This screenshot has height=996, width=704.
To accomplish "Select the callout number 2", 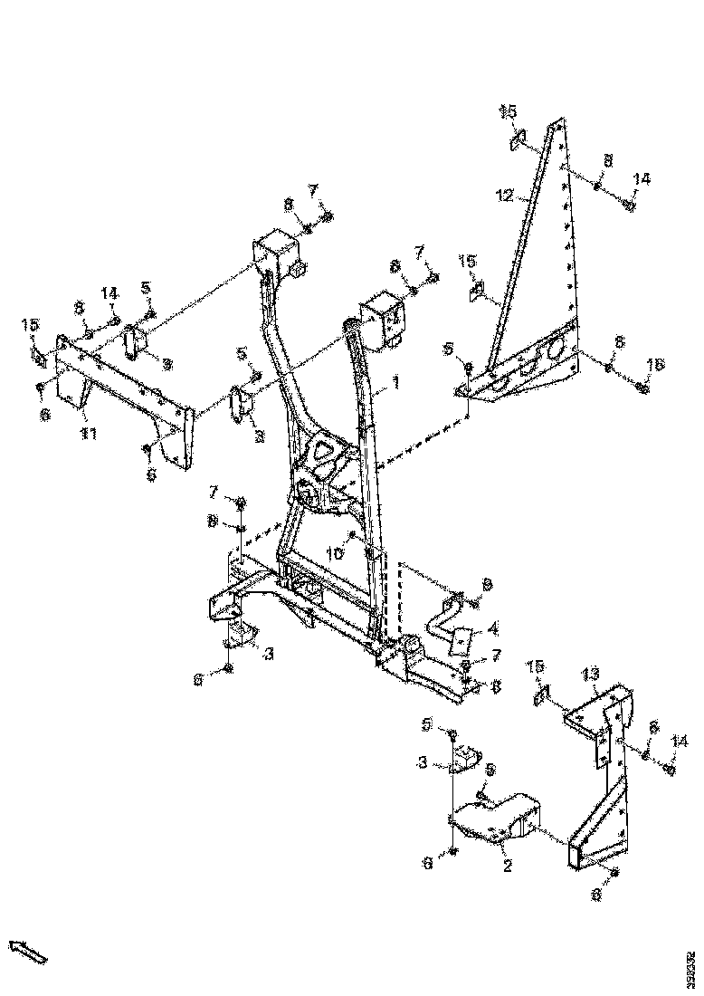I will coord(508,866).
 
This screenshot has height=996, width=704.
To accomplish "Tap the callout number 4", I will coord(493,627).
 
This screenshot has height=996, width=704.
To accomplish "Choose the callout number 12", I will coord(505,194).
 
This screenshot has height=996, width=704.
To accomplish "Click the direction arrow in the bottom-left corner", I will coord(27,951).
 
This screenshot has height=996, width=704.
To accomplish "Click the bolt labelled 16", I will coord(642,388).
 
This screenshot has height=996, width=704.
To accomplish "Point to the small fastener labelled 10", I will coord(352,537).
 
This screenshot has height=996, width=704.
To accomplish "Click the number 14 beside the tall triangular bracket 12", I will coord(641,180).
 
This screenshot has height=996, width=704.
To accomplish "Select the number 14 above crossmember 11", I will coord(109,293).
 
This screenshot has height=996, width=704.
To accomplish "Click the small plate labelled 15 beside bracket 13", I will coord(539,695).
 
